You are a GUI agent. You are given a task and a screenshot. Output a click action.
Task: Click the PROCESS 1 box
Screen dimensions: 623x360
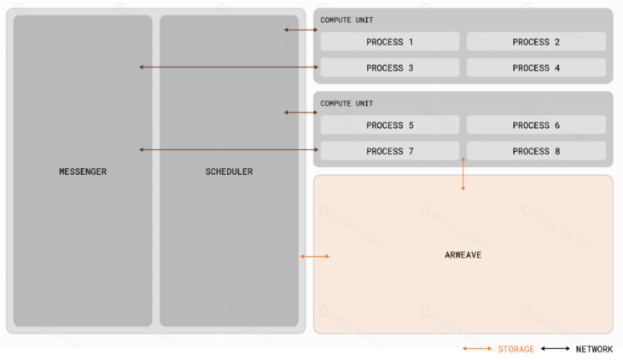390,42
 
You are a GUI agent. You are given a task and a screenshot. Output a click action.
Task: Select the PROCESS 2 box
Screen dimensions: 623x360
536,42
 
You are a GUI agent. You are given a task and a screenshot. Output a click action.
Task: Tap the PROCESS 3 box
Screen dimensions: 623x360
390,68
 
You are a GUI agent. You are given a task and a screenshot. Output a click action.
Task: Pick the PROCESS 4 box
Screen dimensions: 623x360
536,68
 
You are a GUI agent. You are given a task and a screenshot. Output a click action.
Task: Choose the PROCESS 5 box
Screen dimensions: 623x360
390,125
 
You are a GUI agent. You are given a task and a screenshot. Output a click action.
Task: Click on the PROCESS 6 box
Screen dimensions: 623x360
536,125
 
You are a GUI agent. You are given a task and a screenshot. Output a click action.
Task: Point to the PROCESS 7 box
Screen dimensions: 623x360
390,151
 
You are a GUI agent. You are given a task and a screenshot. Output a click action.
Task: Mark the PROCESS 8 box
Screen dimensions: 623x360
536,151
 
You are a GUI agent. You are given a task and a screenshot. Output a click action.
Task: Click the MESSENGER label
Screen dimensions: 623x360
83,171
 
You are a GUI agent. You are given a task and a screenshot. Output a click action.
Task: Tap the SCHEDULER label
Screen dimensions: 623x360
229,171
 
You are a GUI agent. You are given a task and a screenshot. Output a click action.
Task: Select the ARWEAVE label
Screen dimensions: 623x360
463,255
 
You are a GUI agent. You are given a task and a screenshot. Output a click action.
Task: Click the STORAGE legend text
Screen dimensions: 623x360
515,349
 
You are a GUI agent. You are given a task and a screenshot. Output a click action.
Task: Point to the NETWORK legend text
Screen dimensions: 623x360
594,349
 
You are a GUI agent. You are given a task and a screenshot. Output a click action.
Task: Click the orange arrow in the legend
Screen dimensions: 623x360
477,349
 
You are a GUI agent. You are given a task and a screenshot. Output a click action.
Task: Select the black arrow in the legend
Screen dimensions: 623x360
556,349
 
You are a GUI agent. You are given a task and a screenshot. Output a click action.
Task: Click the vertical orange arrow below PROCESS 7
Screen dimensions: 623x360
463,174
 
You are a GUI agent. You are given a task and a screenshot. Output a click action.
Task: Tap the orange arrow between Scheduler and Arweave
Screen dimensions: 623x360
315,256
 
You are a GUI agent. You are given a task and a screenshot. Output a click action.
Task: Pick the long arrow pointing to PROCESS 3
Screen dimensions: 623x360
229,67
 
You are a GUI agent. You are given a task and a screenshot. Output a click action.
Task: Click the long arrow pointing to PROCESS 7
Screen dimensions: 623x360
229,150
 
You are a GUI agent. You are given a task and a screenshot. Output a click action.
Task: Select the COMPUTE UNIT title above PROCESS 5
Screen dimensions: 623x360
346,103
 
